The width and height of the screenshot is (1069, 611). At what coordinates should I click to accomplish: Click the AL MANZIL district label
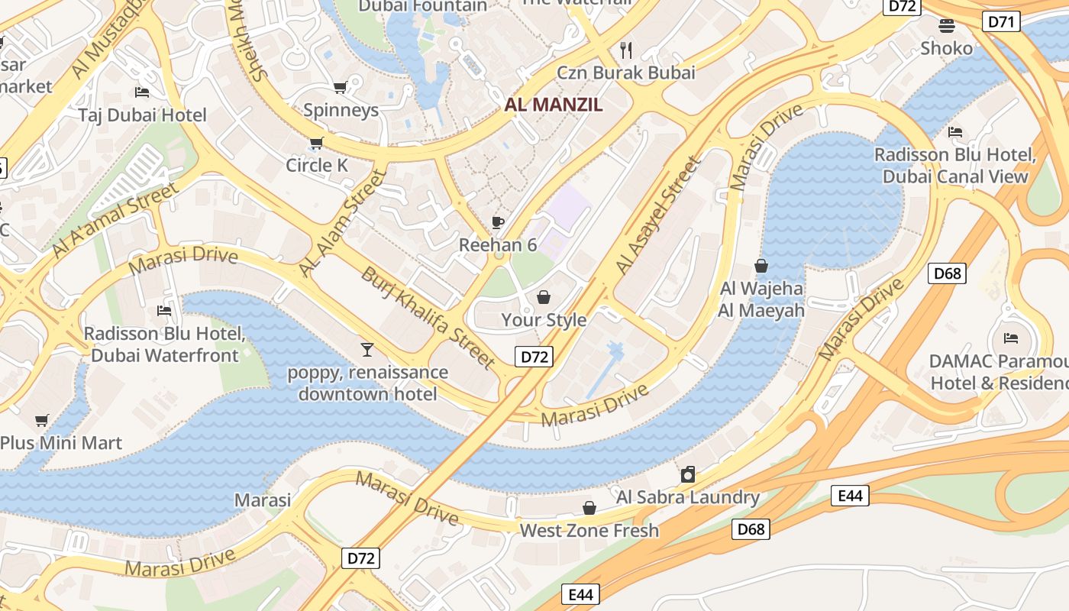pos(554,105)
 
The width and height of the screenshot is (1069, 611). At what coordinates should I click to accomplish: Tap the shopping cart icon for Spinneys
pos(341,87)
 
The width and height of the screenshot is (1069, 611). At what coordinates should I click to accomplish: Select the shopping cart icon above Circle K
pos(316,143)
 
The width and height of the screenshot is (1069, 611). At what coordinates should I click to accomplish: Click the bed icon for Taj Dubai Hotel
pos(142,92)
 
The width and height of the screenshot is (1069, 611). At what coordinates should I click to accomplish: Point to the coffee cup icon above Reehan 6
pos(498,223)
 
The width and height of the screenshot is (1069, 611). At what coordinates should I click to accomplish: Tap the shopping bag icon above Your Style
pos(544,296)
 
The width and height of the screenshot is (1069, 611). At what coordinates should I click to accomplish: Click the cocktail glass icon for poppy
pos(367,349)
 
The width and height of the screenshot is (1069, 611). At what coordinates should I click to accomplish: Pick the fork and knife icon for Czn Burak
pos(627,50)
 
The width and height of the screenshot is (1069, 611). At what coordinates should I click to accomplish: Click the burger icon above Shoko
pos(947,26)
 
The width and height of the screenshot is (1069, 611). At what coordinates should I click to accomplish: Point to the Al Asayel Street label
pos(657,216)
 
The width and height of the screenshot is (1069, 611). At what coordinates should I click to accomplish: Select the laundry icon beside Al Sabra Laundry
pos(688,474)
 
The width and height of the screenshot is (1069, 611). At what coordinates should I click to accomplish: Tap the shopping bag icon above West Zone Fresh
pos(589,508)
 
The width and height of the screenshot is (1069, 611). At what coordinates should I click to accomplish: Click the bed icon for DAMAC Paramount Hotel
pos(1011,338)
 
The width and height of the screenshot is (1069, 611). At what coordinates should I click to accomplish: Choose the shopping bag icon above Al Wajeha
pos(761,266)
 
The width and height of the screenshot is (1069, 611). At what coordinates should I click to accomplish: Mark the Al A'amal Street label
pos(115,219)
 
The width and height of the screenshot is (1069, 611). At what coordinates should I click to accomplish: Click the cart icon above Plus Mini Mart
pos(42,420)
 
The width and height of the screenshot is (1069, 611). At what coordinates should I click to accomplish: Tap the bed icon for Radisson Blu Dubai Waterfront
pos(164,311)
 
